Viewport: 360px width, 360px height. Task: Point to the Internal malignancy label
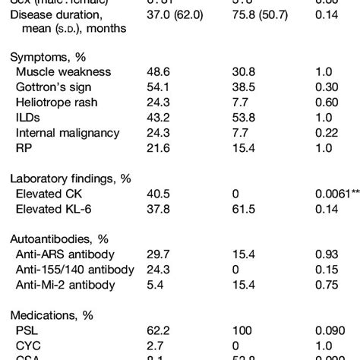[67, 134]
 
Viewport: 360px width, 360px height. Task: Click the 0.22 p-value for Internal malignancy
[326, 134]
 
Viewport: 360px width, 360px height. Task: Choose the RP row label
[24, 150]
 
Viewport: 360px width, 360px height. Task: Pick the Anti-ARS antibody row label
[65, 257]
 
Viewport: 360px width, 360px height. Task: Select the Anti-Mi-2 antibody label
[66, 287]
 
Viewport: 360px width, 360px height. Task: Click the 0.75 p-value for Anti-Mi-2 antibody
[326, 287]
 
